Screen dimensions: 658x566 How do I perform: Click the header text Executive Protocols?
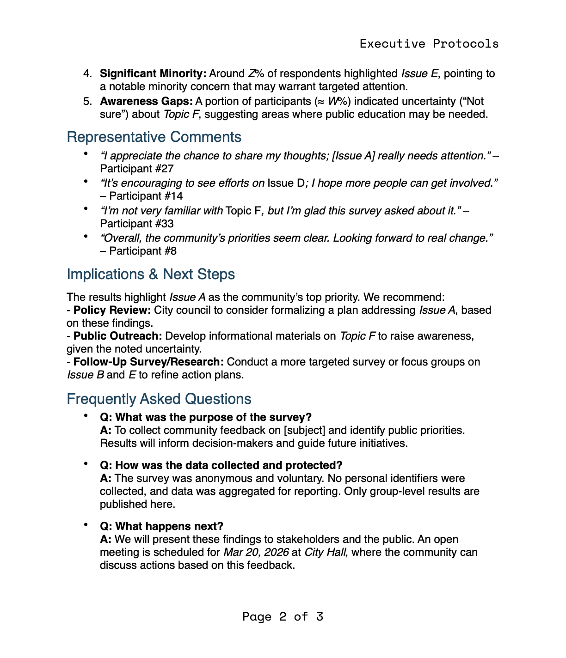(x=429, y=44)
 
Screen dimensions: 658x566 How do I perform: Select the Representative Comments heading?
(x=154, y=137)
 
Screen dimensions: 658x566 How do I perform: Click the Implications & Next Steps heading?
(x=151, y=274)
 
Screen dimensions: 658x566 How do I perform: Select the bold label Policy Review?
(x=112, y=310)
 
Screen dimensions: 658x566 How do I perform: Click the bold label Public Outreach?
(x=117, y=336)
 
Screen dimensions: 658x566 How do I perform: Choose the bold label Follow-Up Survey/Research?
(x=148, y=362)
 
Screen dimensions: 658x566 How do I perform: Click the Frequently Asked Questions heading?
(x=159, y=399)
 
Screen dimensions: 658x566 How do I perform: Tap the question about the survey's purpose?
(x=206, y=417)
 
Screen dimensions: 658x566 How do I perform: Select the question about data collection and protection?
(x=221, y=465)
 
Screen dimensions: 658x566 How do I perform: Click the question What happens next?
(x=162, y=526)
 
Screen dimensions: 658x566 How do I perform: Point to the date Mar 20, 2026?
(x=256, y=552)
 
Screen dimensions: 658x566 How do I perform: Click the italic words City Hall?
(x=325, y=552)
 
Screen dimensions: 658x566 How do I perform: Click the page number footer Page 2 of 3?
(x=283, y=617)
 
